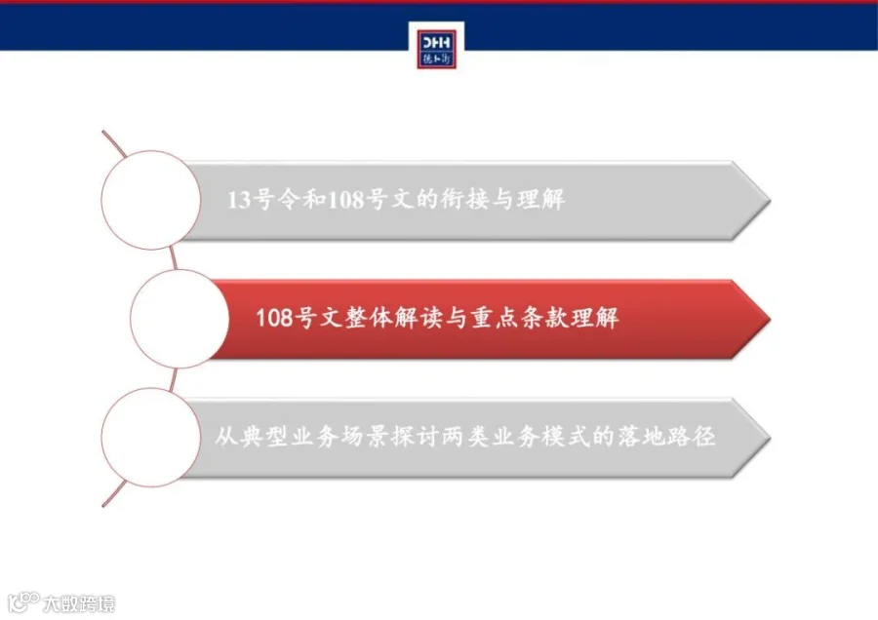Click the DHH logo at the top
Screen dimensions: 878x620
pos(436,50)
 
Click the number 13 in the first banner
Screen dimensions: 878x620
pos(239,200)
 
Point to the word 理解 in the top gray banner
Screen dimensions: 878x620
pos(540,200)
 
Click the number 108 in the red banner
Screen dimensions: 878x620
pos(274,318)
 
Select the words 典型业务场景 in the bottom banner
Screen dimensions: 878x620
pos(315,437)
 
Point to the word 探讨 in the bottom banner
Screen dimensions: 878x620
pos(415,437)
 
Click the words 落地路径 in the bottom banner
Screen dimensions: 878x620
pos(666,437)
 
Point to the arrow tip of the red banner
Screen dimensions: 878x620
pos(770,319)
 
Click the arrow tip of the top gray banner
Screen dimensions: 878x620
pos(770,200)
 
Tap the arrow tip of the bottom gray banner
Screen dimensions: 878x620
pos(770,438)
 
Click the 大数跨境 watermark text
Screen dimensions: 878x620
pos(79,603)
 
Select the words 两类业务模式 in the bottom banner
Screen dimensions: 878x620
pos(516,437)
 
